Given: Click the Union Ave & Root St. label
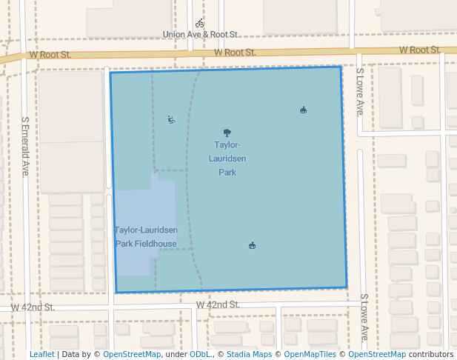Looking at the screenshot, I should pyautogui.click(x=200, y=35).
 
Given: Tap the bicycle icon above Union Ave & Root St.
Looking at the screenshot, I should pyautogui.click(x=200, y=24).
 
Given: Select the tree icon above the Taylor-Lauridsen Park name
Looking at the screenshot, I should pyautogui.click(x=227, y=133).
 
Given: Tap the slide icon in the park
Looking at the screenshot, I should pyautogui.click(x=172, y=119).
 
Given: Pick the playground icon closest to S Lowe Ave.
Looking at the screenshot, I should pyautogui.click(x=303, y=110).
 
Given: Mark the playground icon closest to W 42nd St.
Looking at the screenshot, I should pyautogui.click(x=253, y=245).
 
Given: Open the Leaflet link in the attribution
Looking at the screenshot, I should pyautogui.click(x=42, y=355).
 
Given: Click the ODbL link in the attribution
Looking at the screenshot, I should pyautogui.click(x=201, y=355).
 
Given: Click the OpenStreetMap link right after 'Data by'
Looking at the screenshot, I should pyautogui.click(x=132, y=355).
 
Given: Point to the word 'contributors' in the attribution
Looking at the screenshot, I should pyautogui.click(x=431, y=355).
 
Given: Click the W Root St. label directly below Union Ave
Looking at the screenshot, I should pyautogui.click(x=235, y=53).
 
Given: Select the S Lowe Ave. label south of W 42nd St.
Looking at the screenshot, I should pyautogui.click(x=364, y=317).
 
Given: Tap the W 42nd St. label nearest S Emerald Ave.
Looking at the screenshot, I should pyautogui.click(x=33, y=307).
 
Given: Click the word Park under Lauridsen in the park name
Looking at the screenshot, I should pyautogui.click(x=227, y=173).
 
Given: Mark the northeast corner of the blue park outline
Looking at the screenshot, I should pyautogui.click(x=341, y=67).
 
